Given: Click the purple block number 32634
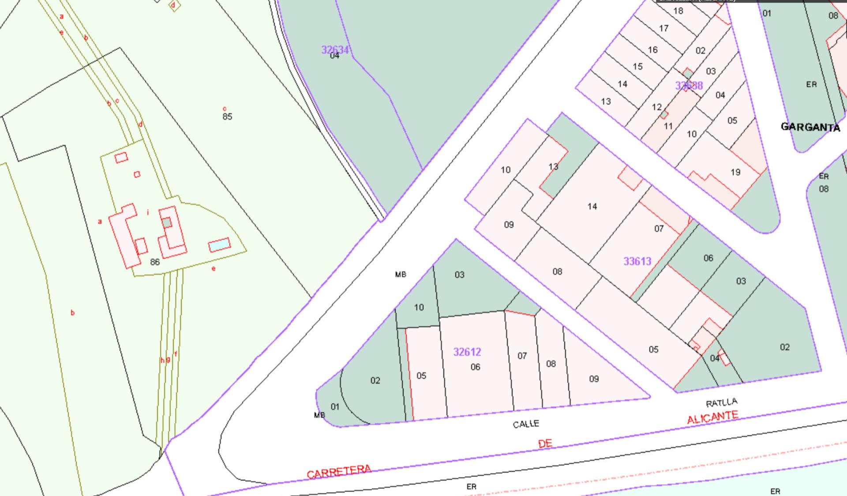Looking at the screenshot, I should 335,49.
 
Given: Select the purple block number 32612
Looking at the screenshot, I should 467,352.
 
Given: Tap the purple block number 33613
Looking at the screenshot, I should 637,261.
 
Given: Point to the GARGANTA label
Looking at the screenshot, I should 810,127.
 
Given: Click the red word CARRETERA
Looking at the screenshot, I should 339,471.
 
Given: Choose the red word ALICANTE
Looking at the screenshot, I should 712,417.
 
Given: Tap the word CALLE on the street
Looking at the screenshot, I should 526,424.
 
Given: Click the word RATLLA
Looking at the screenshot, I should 721,402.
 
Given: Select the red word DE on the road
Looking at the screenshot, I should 545,443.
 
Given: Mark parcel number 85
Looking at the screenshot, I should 227,116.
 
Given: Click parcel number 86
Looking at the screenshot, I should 154,262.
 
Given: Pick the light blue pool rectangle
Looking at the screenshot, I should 219,244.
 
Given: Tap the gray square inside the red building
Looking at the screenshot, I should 166,222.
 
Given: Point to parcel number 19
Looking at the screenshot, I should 735,172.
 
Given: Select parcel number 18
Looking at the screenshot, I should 678,11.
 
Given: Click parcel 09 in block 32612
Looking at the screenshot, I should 594,379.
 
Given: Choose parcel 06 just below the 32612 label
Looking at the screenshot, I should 475,367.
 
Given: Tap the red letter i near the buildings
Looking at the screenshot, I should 148,213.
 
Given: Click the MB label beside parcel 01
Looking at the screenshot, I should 319,415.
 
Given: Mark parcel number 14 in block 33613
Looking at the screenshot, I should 592,206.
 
